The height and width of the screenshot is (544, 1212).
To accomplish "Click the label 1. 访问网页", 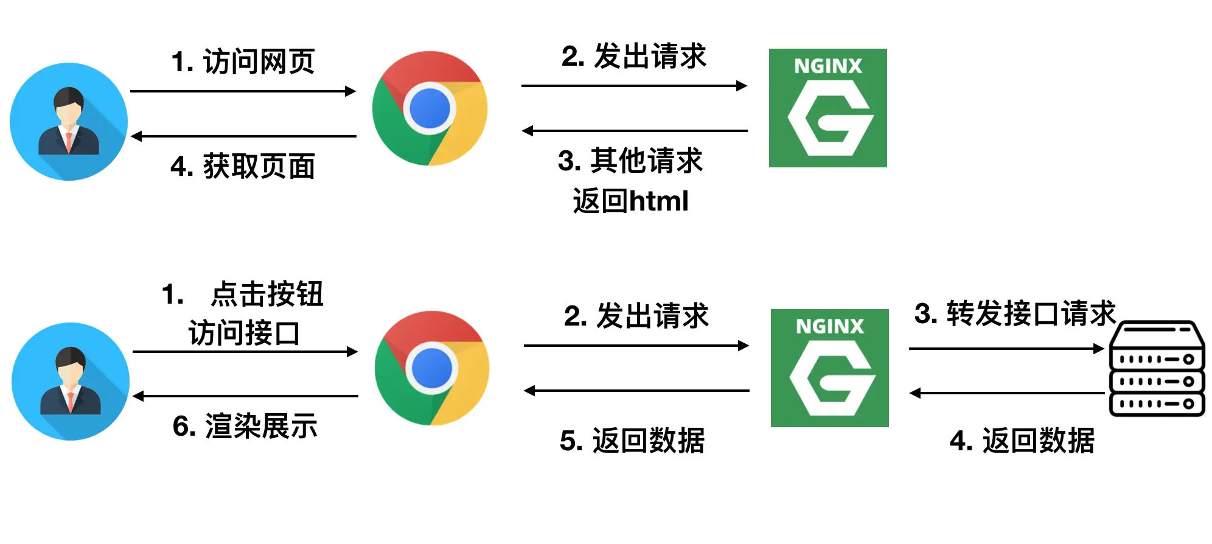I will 243,61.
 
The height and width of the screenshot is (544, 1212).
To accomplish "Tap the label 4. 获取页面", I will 243,166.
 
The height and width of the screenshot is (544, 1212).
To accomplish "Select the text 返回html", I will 630,201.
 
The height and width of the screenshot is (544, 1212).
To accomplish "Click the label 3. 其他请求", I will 630,161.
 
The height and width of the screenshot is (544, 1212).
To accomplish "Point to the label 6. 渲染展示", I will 245,426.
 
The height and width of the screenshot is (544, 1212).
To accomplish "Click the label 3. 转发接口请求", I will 1015,314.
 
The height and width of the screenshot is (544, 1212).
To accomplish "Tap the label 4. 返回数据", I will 1022,441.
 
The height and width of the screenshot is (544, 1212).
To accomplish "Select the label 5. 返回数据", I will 632,441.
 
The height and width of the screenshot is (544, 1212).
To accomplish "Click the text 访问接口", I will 244,333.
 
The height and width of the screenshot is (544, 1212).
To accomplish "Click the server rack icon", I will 1157,369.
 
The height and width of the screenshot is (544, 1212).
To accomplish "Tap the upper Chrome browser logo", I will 430,108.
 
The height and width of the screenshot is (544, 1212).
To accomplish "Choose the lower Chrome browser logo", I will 432,368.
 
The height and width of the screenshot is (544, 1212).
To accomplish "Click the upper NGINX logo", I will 827,108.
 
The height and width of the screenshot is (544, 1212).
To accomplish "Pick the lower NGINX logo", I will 829,368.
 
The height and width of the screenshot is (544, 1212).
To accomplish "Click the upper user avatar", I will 69,122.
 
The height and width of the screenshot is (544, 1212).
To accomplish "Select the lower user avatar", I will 71,382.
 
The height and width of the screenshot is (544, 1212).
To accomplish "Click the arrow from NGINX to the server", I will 1006,349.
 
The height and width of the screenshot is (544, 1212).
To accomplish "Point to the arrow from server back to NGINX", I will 1006,393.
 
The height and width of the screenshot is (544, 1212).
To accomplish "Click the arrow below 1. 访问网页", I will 243,91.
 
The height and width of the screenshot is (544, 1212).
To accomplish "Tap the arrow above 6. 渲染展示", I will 245,396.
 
